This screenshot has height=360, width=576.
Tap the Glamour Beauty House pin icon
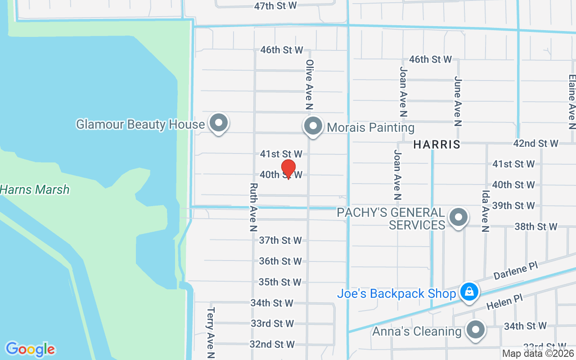(219, 123)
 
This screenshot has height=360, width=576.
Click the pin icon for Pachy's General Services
(458, 217)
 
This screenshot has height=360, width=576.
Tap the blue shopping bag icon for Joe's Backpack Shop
(469, 292)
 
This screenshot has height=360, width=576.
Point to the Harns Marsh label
(35, 189)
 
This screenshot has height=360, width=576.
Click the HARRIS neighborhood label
(437, 144)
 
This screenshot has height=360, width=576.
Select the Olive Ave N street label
(309, 85)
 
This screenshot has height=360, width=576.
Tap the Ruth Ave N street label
(254, 207)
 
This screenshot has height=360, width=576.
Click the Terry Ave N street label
(211, 332)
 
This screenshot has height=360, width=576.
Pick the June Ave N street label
(458, 101)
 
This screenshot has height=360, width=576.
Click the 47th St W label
(275, 6)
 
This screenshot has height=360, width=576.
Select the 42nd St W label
(535, 144)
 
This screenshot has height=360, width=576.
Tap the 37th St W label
(280, 240)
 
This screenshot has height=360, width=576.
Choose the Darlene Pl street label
(516, 271)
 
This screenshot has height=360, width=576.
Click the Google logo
(30, 349)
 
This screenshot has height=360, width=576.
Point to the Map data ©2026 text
(538, 354)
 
